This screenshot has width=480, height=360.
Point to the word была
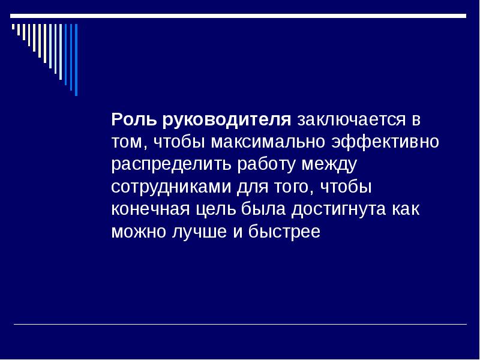259,209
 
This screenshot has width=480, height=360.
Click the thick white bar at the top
240,16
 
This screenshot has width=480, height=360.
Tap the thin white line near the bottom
240,325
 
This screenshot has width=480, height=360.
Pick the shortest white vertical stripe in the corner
13,27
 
